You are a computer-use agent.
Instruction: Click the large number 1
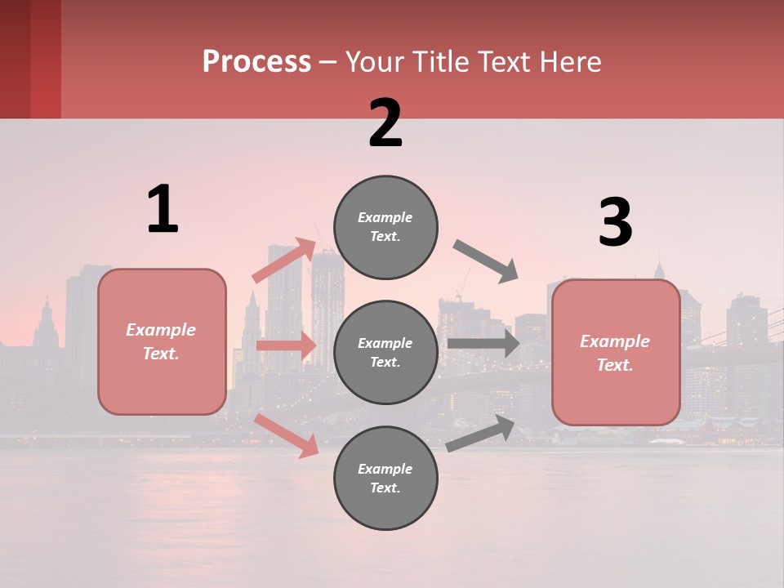(163, 209)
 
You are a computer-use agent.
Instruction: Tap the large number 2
(385, 123)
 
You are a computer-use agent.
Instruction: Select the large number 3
(615, 223)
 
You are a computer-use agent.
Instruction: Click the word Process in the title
(256, 61)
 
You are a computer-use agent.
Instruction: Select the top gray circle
(385, 227)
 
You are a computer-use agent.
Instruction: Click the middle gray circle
(385, 352)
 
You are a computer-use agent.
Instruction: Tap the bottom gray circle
(385, 478)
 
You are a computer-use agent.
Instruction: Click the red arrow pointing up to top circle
(284, 260)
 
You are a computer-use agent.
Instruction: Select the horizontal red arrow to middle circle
(286, 346)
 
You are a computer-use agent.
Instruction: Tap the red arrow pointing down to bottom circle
(286, 434)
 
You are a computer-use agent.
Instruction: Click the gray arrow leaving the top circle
(486, 261)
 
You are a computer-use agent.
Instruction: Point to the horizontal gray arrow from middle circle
(483, 343)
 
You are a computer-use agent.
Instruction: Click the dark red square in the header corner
(30, 59)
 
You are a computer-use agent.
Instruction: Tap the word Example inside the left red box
(161, 330)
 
